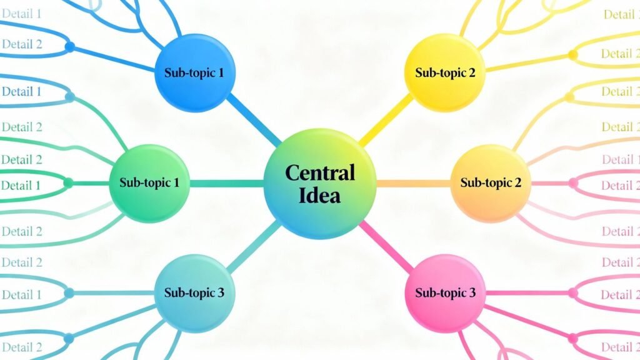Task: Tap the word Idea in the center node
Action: (x=319, y=195)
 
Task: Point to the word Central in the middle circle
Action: (x=319, y=172)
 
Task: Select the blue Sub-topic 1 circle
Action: (x=194, y=72)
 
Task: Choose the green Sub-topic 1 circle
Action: (x=149, y=183)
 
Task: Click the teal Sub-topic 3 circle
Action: (x=194, y=292)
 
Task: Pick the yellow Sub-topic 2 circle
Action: (x=445, y=72)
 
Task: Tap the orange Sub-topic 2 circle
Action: (x=491, y=183)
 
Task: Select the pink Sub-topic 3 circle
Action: (x=445, y=292)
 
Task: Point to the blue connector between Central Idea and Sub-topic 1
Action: (x=253, y=120)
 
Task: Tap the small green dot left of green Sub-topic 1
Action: (x=68, y=183)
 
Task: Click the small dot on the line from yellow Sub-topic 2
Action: (x=572, y=55)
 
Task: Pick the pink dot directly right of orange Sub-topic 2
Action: (x=573, y=183)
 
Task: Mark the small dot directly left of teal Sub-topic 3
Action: (x=69, y=292)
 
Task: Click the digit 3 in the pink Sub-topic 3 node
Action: (x=472, y=292)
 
